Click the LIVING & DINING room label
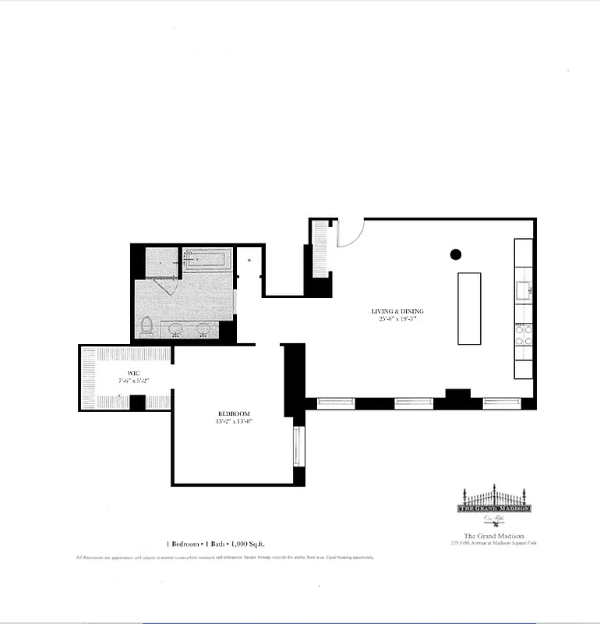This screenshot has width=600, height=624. (x=397, y=311)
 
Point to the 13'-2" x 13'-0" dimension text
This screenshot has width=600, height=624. (x=235, y=421)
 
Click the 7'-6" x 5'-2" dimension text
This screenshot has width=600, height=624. (x=133, y=381)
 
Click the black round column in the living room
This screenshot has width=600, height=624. (x=456, y=253)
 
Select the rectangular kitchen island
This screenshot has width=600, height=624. (x=468, y=308)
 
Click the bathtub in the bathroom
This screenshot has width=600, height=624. (x=207, y=259)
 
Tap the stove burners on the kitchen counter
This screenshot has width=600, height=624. (x=523, y=335)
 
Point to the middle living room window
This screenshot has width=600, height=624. (x=413, y=403)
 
